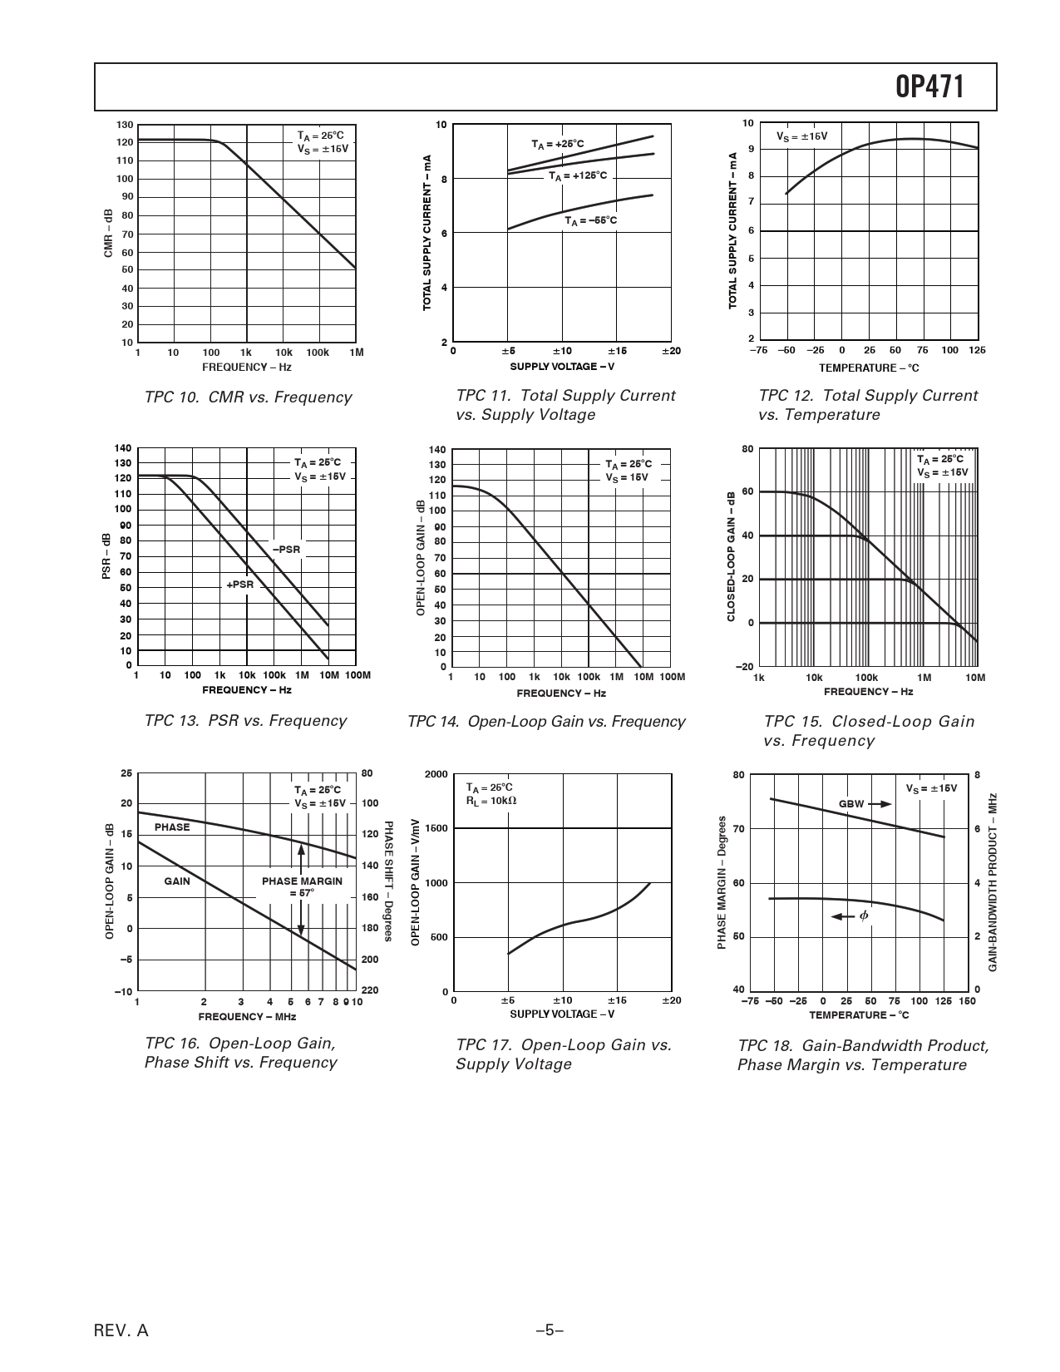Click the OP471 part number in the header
click(x=929, y=86)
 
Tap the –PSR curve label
click(x=286, y=550)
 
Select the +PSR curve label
click(x=239, y=585)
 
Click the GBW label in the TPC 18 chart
click(x=851, y=804)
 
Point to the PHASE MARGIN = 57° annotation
click(x=302, y=886)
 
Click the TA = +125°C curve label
click(x=578, y=176)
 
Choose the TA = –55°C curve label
click(x=591, y=220)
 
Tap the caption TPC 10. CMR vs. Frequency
click(x=248, y=397)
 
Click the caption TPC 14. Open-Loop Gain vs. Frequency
click(x=546, y=722)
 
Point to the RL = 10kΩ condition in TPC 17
click(x=491, y=801)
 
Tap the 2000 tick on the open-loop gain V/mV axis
click(x=436, y=774)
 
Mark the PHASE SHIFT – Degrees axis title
click(x=388, y=881)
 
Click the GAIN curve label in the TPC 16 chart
click(x=176, y=881)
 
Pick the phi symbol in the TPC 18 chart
click(x=864, y=915)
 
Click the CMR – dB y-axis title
click(x=108, y=233)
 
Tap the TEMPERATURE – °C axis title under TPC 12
click(x=869, y=368)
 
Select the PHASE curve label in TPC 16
click(x=172, y=827)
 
